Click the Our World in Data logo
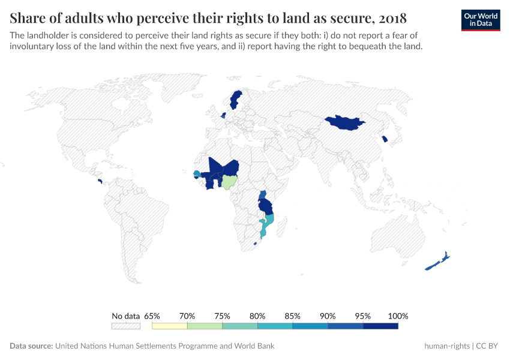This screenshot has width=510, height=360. (480, 19)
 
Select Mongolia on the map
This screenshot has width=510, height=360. (344, 122)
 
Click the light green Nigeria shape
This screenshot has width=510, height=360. (230, 181)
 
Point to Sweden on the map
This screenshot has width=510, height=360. (235, 100)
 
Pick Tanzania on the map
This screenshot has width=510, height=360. (265, 206)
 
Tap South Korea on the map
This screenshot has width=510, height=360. (385, 140)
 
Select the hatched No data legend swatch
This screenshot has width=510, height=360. (125, 326)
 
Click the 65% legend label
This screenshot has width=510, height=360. (152, 316)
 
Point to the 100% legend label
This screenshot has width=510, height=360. (398, 316)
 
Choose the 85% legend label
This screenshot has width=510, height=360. (293, 316)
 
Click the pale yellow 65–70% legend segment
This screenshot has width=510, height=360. (170, 326)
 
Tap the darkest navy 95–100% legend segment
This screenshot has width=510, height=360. (380, 326)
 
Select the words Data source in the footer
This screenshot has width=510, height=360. (31, 346)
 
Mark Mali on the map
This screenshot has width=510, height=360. (215, 166)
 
